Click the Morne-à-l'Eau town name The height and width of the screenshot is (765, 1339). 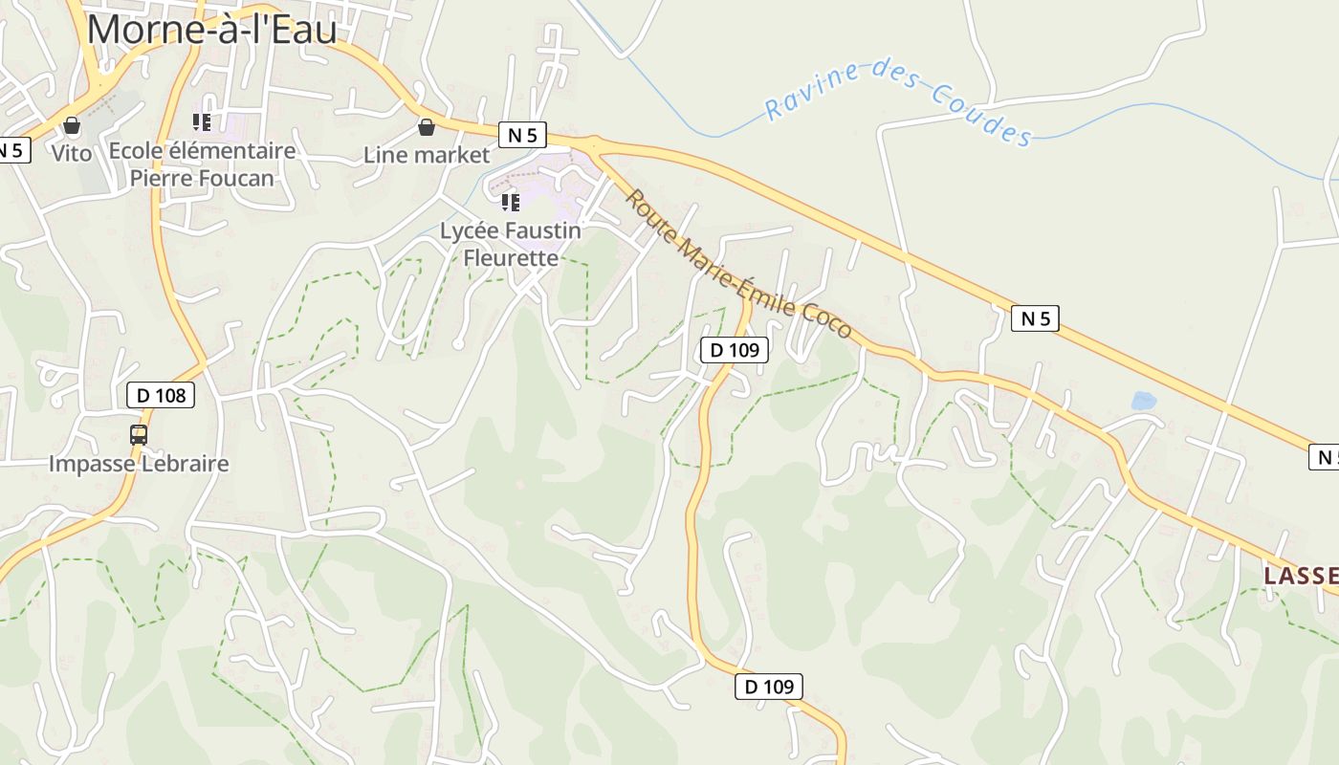211,30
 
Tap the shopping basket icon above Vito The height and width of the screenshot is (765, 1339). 72,126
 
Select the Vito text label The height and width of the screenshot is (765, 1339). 72,153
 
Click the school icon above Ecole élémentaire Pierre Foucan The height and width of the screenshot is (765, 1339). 201,122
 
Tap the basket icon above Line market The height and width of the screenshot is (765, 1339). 427,127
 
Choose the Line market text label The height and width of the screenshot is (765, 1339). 427,155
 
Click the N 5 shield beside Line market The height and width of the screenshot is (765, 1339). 521,135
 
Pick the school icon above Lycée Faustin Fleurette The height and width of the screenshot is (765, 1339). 511,203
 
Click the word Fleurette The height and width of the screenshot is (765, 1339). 511,257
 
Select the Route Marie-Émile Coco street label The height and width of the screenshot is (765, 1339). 737,264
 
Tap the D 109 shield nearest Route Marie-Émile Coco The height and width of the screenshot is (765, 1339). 735,350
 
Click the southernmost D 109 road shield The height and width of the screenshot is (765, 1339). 769,686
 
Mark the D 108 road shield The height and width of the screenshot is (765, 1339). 161,395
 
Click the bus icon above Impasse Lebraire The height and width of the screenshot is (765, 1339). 139,435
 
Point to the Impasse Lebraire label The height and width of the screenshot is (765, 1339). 139,464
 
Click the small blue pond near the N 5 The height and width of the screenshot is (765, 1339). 1143,401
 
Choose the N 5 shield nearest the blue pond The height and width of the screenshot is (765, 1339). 1035,318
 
